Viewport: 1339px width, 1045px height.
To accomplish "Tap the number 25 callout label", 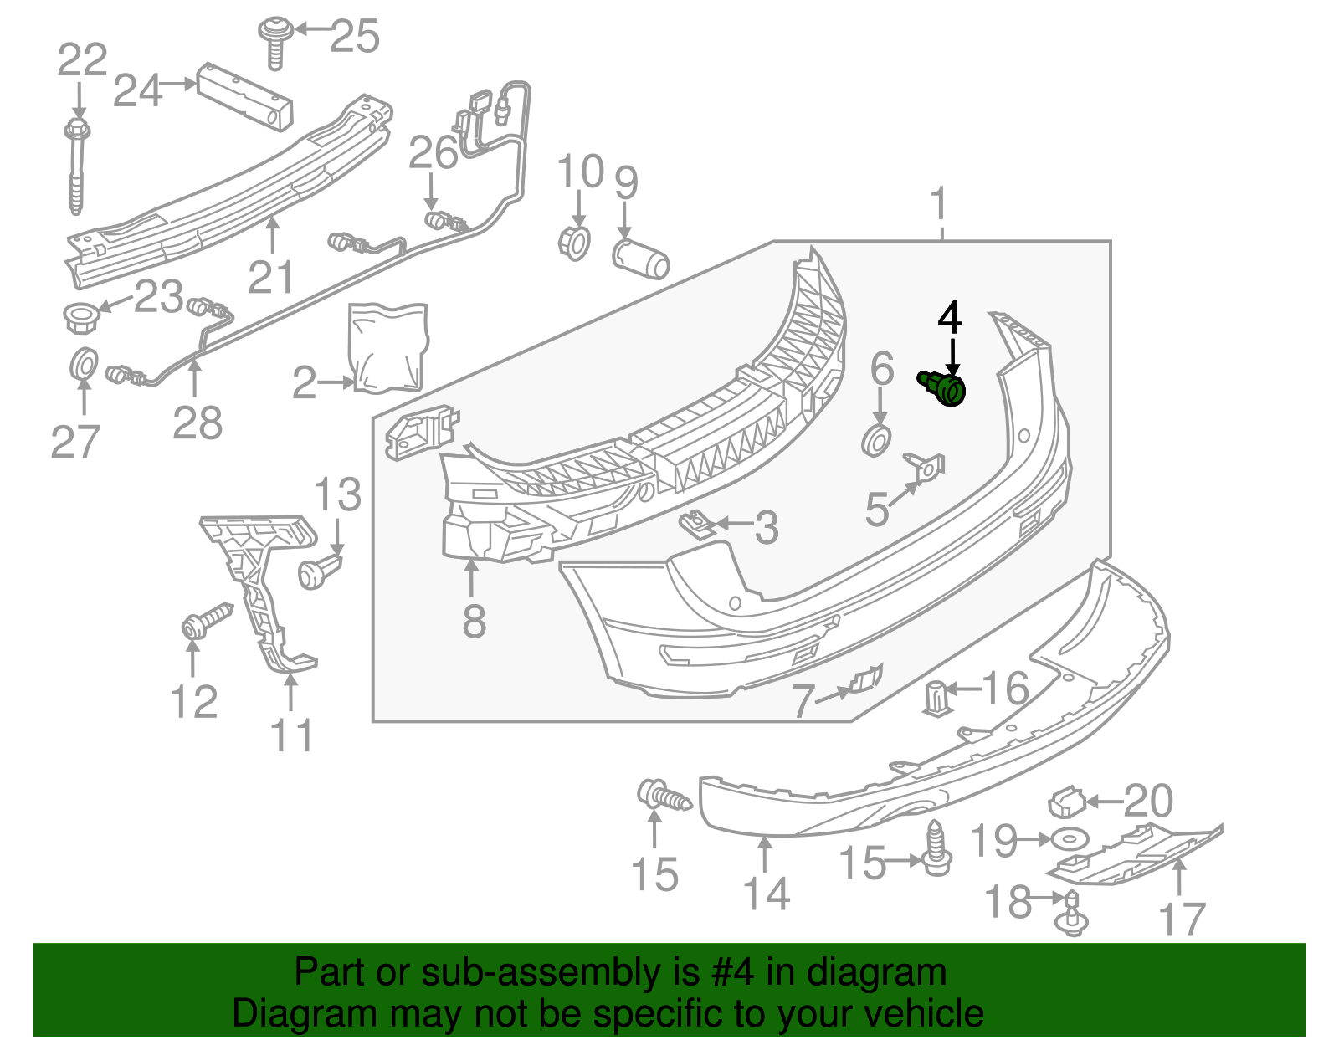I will point(355,37).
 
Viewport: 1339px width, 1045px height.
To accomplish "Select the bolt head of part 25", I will point(270,29).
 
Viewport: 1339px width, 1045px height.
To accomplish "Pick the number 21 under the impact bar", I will point(271,277).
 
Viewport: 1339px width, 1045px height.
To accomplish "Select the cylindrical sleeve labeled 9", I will point(641,259).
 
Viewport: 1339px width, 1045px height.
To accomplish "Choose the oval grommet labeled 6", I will point(876,439).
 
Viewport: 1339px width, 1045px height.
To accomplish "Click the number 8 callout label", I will point(474,622).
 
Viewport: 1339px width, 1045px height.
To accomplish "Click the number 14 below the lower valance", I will point(767,894).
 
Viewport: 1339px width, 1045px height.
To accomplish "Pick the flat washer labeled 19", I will point(1066,838).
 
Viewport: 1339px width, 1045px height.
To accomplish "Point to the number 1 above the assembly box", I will point(941,203).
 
